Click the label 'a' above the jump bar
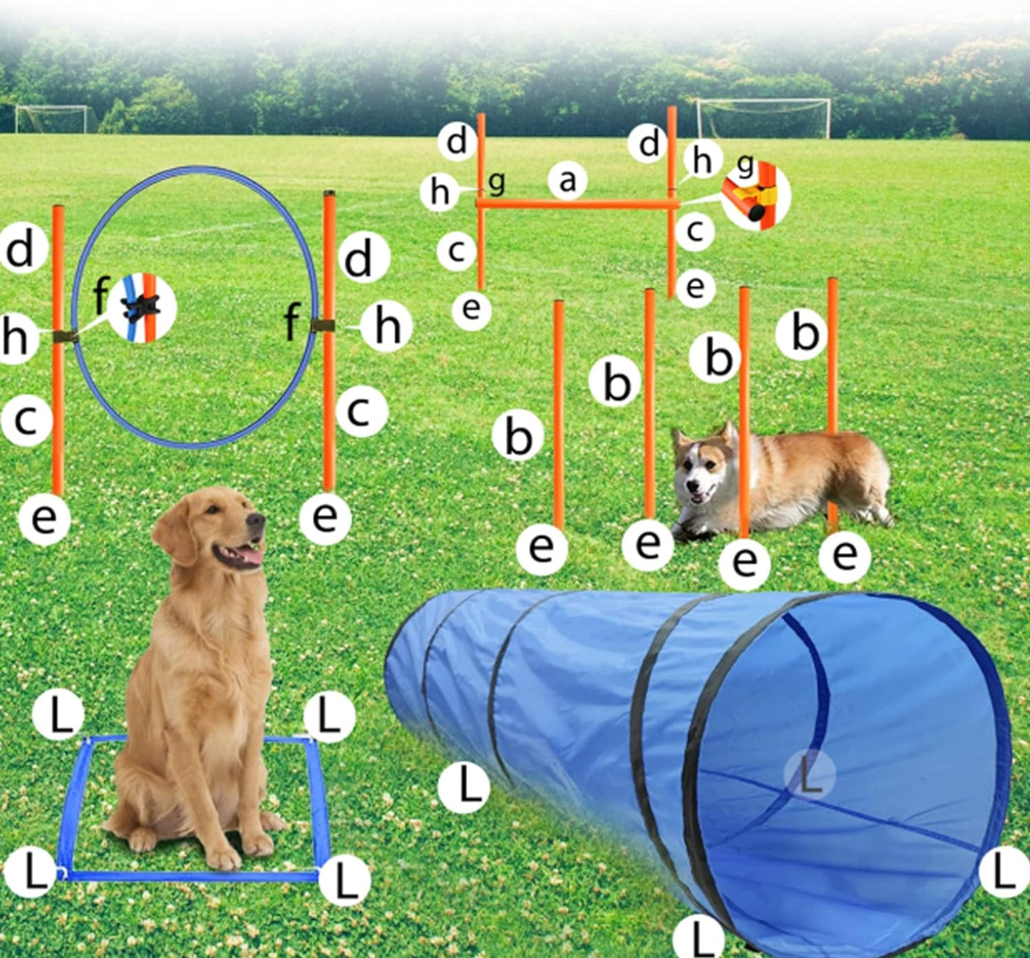[x=567, y=181]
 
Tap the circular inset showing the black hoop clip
[x=142, y=308]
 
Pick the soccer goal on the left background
[x=53, y=119]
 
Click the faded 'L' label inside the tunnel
[x=808, y=775]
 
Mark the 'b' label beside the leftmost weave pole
[x=518, y=436]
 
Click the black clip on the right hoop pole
[x=323, y=326]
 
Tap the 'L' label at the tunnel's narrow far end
[x=464, y=787]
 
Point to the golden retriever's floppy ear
[x=174, y=531]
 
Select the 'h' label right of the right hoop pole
[x=386, y=327]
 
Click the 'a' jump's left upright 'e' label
[x=471, y=309]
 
